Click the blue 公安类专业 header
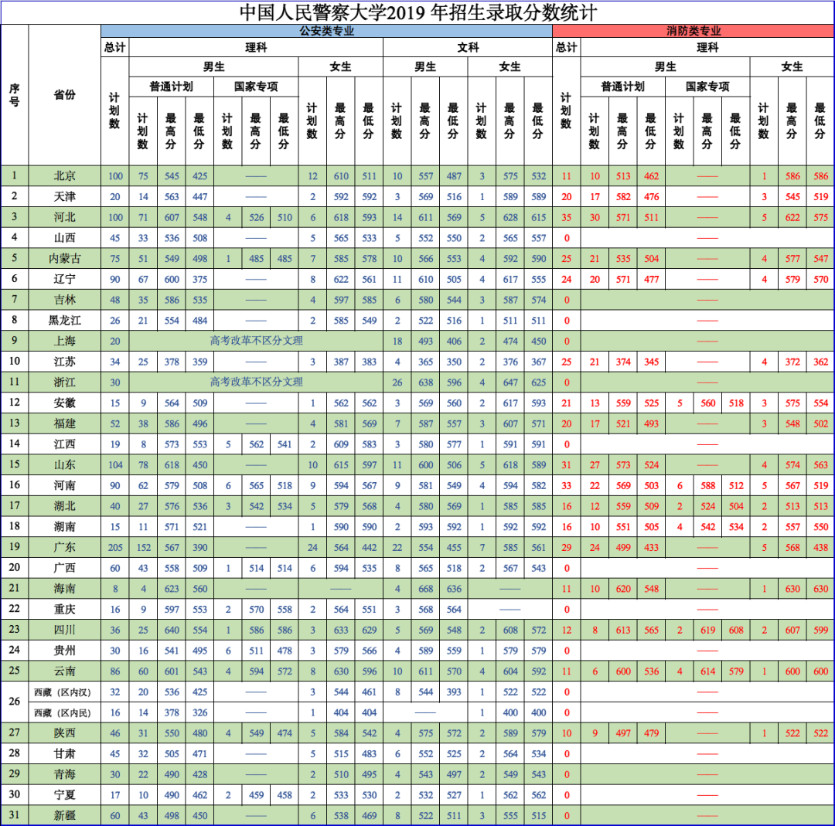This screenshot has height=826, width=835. [326, 31]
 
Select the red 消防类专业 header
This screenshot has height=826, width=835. [694, 31]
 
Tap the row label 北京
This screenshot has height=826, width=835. [65, 175]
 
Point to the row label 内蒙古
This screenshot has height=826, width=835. [65, 258]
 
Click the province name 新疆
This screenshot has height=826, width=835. [65, 815]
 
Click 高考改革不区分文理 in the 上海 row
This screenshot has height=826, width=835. [257, 341]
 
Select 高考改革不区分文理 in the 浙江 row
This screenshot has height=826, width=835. [257, 382]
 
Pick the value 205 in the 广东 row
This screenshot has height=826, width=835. [115, 547]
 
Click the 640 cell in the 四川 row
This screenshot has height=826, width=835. [172, 630]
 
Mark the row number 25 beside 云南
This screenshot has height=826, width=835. [15, 671]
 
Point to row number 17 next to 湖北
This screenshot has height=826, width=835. [15, 505]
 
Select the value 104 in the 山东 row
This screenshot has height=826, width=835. [115, 464]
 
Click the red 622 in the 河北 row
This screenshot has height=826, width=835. [792, 217]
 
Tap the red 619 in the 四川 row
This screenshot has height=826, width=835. [708, 630]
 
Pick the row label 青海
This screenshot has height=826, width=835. [65, 774]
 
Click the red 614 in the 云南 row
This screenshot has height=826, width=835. [708, 671]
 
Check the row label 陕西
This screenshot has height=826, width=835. [65, 733]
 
